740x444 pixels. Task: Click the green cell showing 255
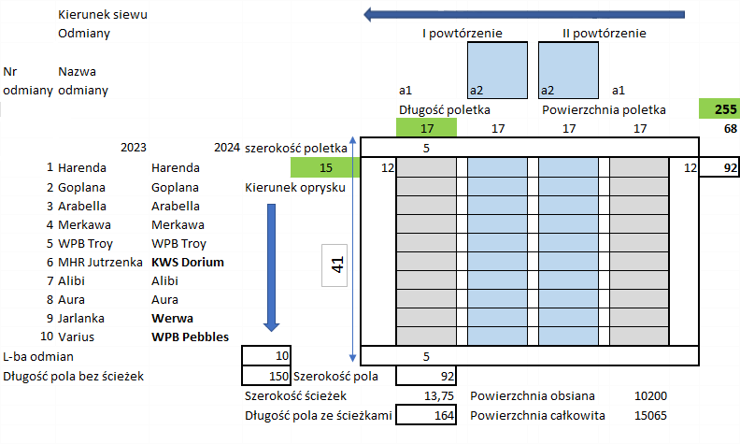pyautogui.click(x=718, y=109)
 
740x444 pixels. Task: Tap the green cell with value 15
pyautogui.click(x=325, y=168)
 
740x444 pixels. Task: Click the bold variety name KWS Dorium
pyautogui.click(x=187, y=263)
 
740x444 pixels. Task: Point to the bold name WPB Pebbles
pyautogui.click(x=190, y=337)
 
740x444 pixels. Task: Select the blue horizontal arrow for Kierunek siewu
pyautogui.click(x=523, y=14)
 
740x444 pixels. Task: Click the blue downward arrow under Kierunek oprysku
pyautogui.click(x=272, y=266)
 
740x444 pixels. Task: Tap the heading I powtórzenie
pyautogui.click(x=463, y=34)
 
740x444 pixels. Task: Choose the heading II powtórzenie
pyautogui.click(x=604, y=34)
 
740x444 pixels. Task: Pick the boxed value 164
pyautogui.click(x=426, y=416)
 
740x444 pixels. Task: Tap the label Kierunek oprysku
pyautogui.click(x=296, y=187)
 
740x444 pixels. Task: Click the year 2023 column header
pyautogui.click(x=134, y=148)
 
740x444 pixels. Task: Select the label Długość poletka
pyautogui.click(x=445, y=109)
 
